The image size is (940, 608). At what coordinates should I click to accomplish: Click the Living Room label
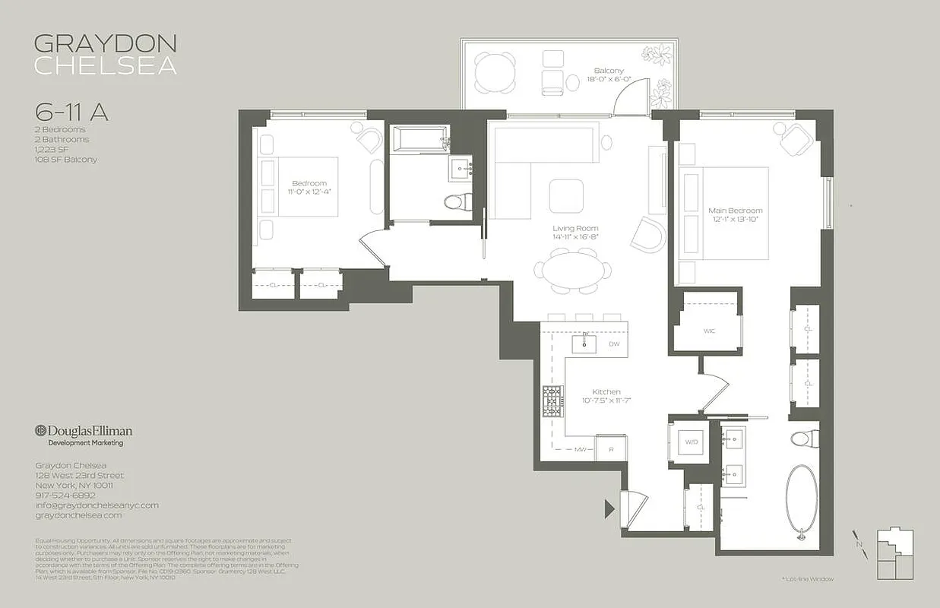point(575,228)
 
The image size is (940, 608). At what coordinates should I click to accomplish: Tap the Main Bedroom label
point(735,211)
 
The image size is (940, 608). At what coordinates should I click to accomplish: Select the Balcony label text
point(609,71)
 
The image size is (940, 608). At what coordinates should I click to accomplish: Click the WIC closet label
point(709,331)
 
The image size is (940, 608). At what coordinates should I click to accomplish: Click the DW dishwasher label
point(614,344)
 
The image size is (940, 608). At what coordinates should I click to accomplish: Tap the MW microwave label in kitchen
point(581,449)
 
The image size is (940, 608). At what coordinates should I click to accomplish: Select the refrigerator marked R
point(611,449)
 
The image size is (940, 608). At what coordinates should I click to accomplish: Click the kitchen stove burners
point(552,401)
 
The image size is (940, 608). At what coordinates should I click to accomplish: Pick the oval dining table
point(572,271)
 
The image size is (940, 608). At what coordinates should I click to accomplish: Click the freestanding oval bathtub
point(802,500)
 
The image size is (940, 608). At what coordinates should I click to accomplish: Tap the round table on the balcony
point(494,73)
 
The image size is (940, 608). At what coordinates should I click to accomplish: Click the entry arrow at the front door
point(609,508)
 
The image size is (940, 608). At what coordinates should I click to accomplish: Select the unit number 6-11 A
point(71,112)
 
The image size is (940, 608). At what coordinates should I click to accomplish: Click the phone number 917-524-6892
point(65,495)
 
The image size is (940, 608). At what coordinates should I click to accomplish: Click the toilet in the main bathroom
point(803,439)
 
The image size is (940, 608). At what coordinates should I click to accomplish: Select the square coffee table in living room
point(566,195)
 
